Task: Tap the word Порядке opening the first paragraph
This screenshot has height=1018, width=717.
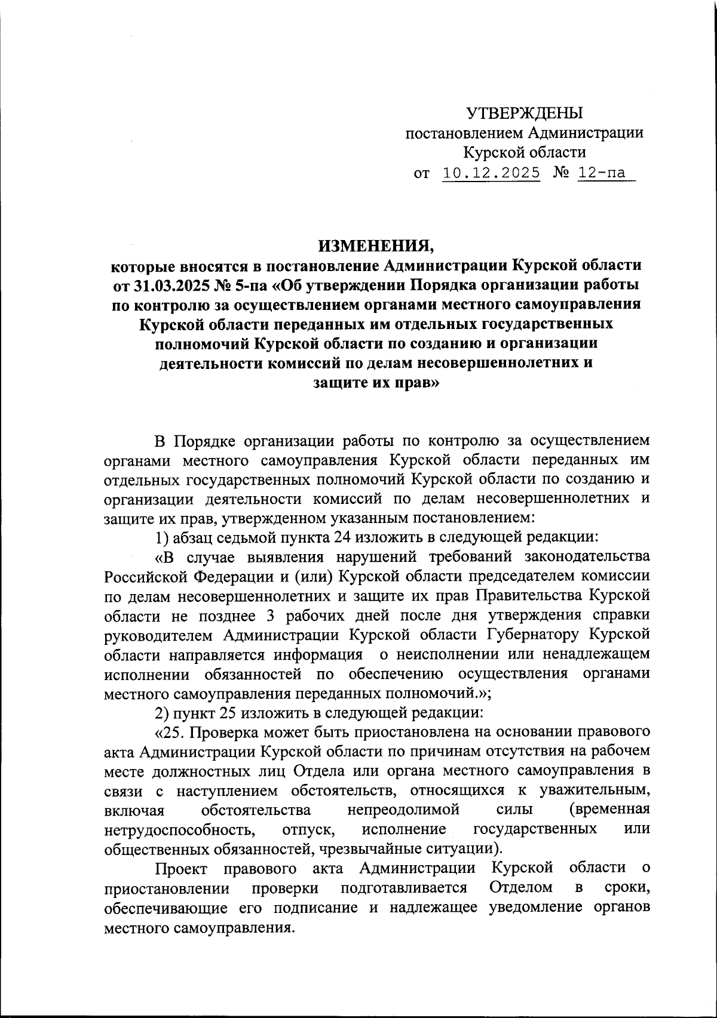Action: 201,441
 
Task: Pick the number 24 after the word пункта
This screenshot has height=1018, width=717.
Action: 342,537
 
